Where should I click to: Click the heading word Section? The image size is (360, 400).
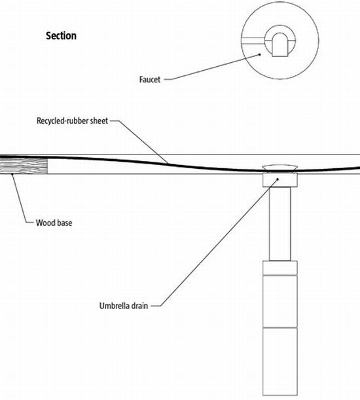tap(61, 36)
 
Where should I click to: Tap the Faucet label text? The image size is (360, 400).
tap(150, 79)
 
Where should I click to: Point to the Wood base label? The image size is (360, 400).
tap(54, 223)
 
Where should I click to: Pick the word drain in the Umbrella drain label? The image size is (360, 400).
tap(139, 306)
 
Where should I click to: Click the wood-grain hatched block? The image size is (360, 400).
tap(24, 166)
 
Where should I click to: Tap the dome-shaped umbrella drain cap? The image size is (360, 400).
tap(280, 168)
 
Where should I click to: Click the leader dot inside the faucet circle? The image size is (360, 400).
tap(260, 54)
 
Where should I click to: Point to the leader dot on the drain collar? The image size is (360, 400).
tap(278, 179)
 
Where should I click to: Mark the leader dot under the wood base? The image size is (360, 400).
tap(12, 174)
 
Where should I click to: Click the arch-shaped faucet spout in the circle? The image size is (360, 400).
tap(280, 45)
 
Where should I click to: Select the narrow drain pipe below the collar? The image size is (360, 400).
tap(280, 224)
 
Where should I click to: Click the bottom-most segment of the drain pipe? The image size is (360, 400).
tap(280, 361)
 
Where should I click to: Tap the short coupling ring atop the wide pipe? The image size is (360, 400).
tap(280, 268)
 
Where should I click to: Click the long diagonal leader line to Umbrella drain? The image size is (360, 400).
tap(219, 242)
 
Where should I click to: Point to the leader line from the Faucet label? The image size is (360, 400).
tap(212, 67)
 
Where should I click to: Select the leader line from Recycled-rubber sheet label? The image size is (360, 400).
tap(139, 142)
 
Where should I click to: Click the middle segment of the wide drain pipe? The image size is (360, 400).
tap(280, 302)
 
